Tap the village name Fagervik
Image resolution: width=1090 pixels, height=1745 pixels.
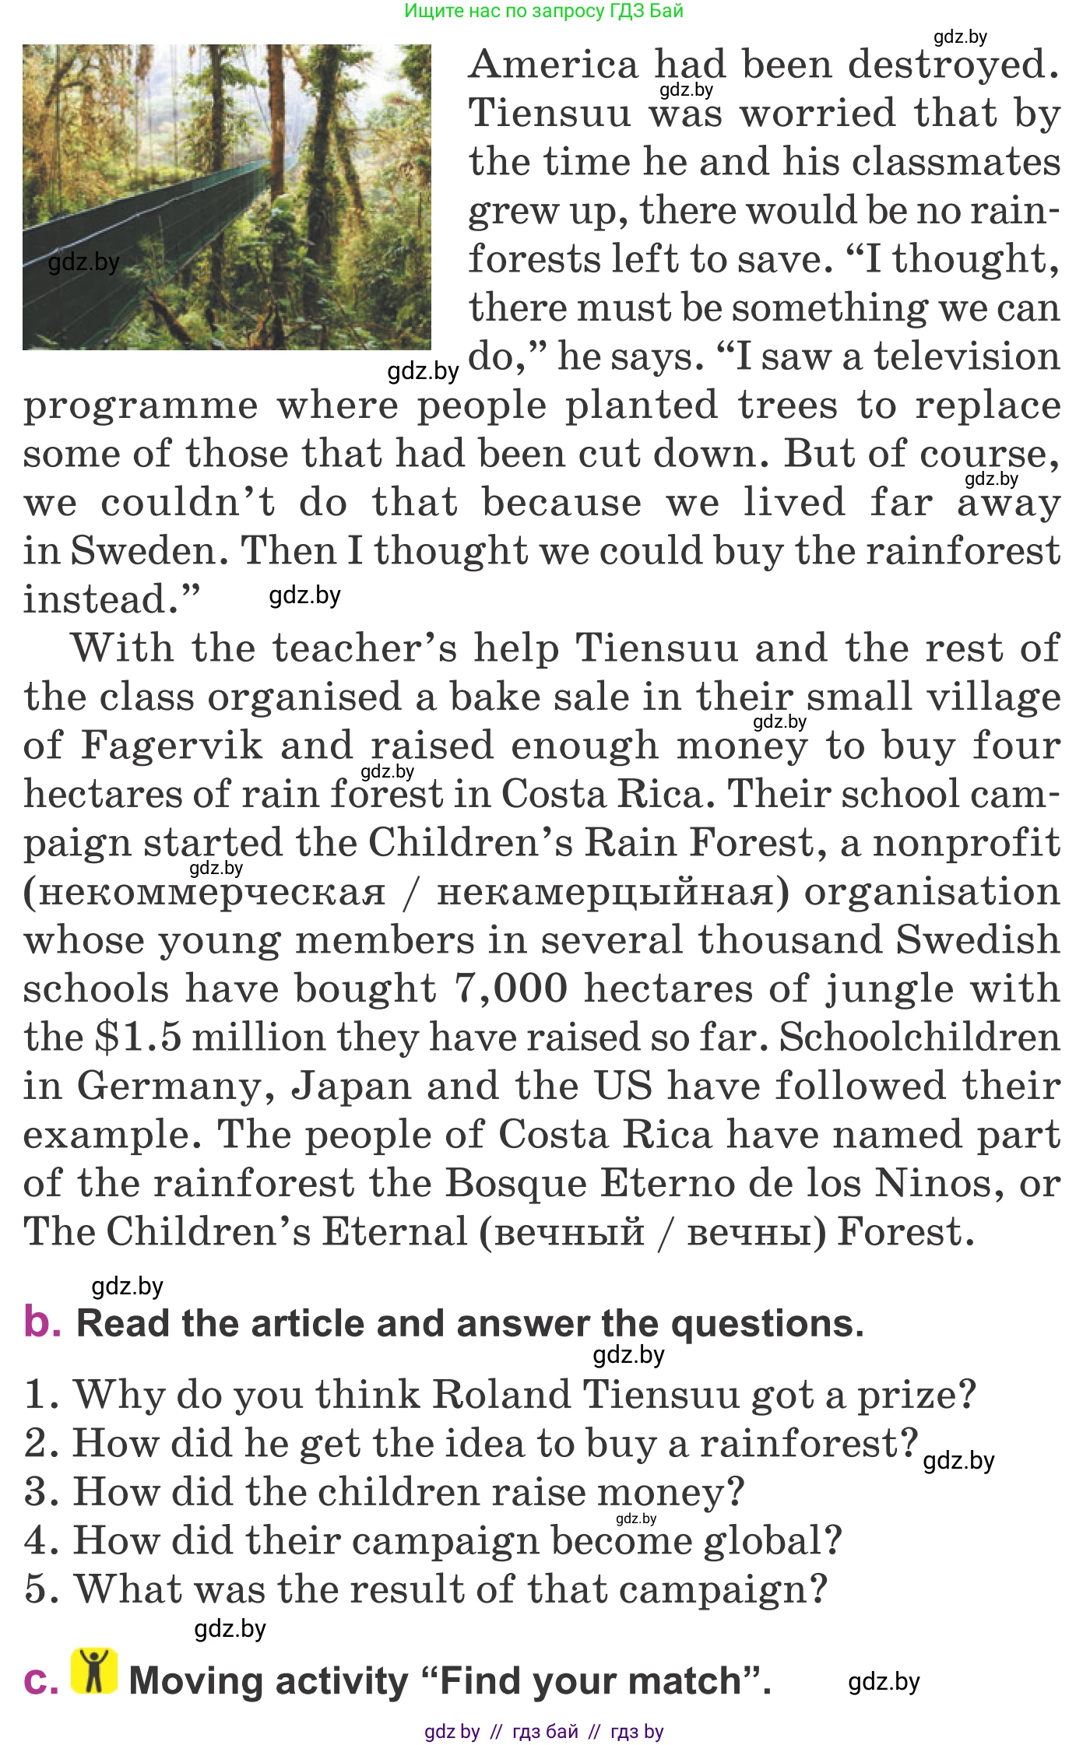coord(172,746)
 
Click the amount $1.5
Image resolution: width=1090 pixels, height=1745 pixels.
coord(138,1038)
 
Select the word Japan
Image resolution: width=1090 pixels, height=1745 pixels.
coord(351,1087)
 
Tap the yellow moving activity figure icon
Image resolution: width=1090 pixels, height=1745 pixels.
coord(94,1671)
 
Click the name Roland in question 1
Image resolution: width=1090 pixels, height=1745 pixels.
coord(499,1395)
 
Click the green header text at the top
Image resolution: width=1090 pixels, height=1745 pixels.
coord(543,11)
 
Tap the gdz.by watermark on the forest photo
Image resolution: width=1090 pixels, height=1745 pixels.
coord(83,262)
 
